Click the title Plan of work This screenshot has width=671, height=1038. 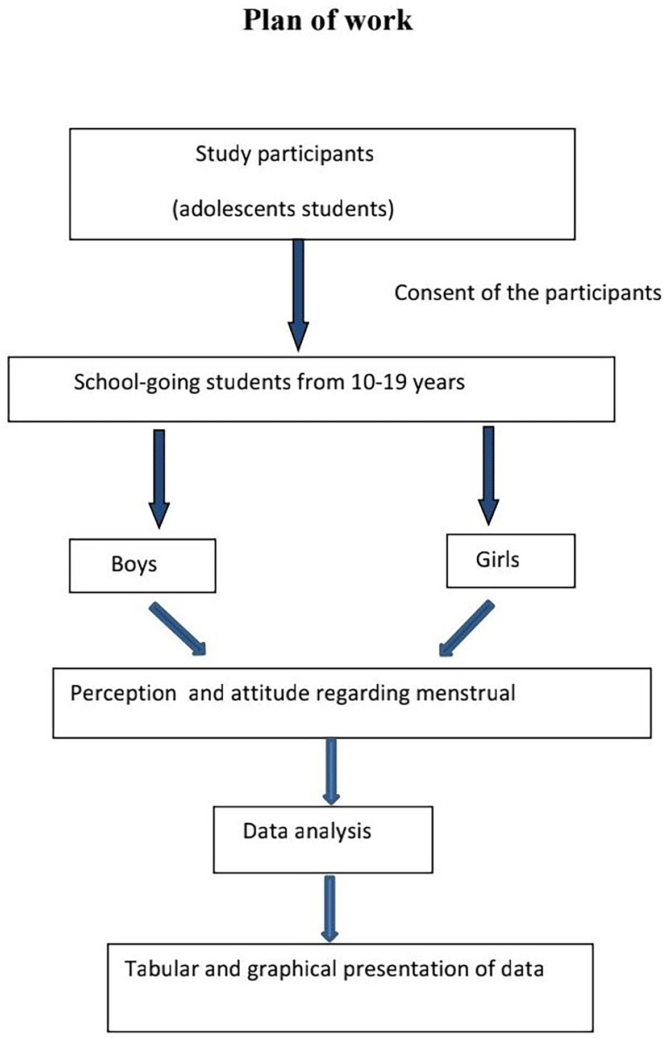click(327, 20)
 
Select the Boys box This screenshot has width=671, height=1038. click(143, 566)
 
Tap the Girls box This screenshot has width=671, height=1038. click(511, 560)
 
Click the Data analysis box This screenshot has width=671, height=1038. click(323, 839)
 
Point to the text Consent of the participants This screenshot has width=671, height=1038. click(528, 293)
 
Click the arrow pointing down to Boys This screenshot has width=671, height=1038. click(159, 479)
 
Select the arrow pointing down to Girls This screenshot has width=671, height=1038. click(488, 475)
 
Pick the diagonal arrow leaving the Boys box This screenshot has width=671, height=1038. click(177, 629)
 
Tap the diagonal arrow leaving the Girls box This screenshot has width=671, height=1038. click(466, 629)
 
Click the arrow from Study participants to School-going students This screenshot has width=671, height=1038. click(298, 295)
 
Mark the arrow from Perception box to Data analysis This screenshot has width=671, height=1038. click(331, 771)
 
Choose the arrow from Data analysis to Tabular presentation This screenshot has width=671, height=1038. click(330, 909)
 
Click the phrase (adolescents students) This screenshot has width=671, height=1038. click(283, 209)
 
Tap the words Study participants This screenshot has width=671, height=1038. click(285, 154)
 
